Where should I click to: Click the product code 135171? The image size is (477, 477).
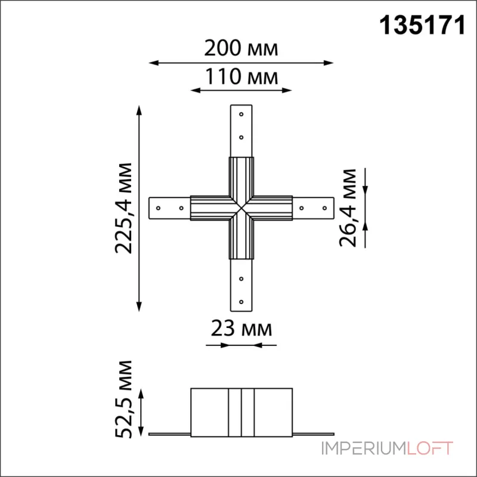click(x=423, y=26)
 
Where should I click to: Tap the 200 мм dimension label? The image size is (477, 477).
click(x=241, y=48)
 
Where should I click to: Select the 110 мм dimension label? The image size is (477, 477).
click(x=241, y=76)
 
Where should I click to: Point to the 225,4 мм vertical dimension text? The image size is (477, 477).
click(x=123, y=208)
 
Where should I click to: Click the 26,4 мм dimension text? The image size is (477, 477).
click(x=348, y=207)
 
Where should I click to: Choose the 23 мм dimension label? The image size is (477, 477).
click(x=241, y=329)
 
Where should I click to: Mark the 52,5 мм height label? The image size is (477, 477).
click(x=123, y=399)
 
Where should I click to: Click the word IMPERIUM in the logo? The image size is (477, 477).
click(x=364, y=448)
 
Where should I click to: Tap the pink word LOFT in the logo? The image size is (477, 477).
click(x=429, y=448)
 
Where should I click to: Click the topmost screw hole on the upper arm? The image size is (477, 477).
click(x=241, y=114)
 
